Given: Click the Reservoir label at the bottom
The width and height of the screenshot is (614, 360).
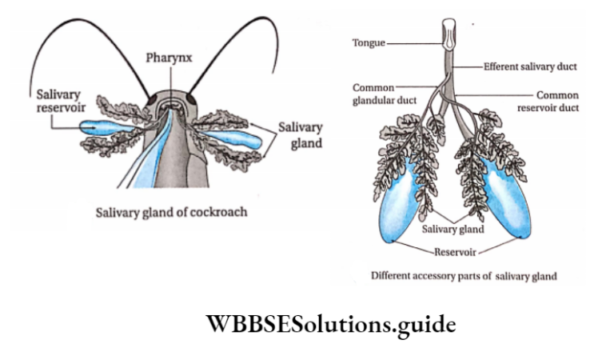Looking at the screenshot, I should (x=456, y=252).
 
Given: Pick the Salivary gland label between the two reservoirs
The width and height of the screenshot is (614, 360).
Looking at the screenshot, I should (x=454, y=230).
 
